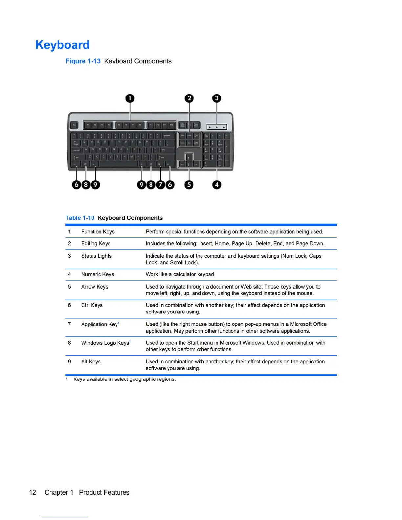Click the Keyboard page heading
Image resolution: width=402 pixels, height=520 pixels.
(x=62, y=45)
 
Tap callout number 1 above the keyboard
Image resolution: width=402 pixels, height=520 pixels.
(x=130, y=98)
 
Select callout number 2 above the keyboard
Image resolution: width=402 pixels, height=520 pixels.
(x=189, y=98)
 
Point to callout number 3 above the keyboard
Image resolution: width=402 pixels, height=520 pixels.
(x=216, y=98)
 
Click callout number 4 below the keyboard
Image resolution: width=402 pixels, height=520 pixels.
(x=216, y=185)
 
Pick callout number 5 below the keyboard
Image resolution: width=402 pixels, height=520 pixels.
(x=189, y=185)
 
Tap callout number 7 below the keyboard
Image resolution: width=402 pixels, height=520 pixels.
(x=160, y=185)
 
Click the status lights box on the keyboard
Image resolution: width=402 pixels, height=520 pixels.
(x=216, y=127)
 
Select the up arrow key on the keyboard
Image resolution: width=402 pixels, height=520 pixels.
(x=189, y=157)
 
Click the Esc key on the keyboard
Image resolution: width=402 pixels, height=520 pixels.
(x=74, y=125)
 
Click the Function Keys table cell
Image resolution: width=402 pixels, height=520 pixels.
(x=98, y=232)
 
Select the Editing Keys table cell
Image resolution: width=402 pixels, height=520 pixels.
(x=96, y=244)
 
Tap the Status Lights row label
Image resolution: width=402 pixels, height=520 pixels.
(x=96, y=256)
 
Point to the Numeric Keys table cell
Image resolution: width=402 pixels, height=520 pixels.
(x=98, y=274)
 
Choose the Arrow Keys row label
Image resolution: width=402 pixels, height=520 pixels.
(x=95, y=287)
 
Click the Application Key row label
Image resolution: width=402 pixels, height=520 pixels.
(x=100, y=324)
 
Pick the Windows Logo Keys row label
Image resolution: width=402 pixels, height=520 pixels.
(x=105, y=343)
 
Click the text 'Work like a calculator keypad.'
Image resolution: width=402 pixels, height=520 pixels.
(x=181, y=274)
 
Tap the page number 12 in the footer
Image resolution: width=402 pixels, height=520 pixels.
(x=33, y=492)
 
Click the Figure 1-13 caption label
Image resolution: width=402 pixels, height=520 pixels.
(x=83, y=61)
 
